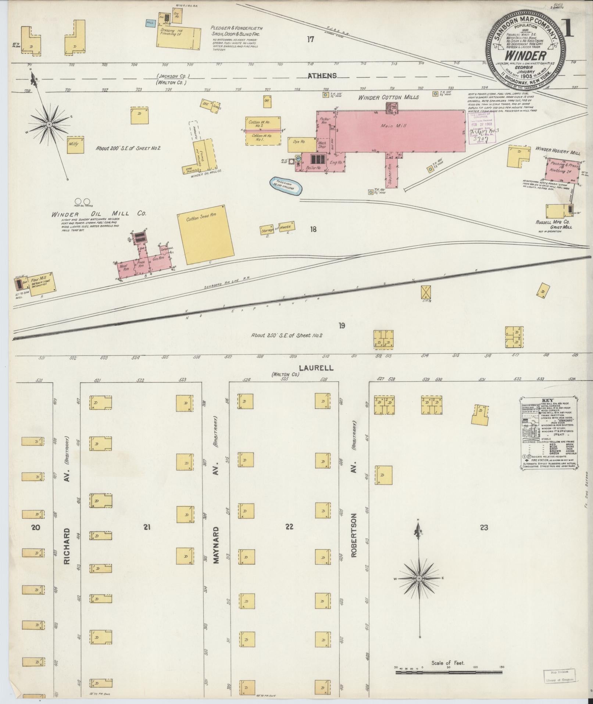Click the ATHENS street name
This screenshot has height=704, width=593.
(x=322, y=76)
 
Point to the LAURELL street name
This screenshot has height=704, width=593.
(x=316, y=368)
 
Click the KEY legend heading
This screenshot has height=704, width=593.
(x=547, y=400)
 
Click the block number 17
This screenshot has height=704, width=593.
(x=311, y=39)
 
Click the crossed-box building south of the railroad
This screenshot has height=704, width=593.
(x=426, y=292)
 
